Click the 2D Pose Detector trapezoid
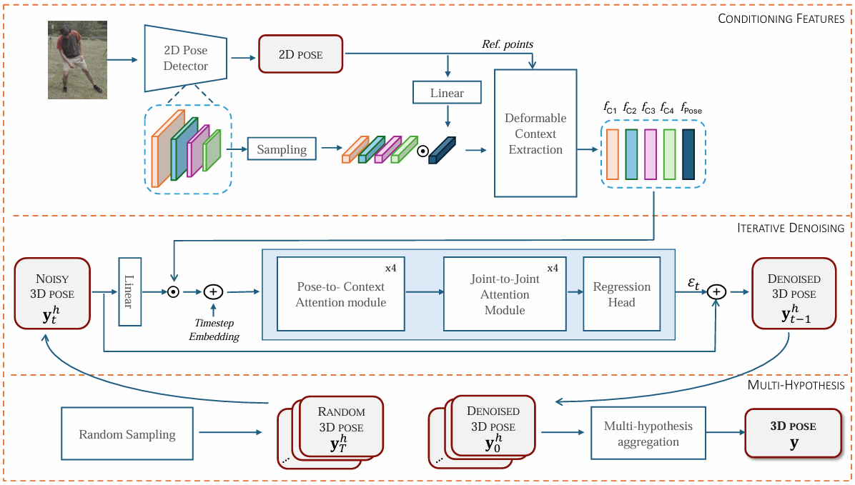coord(185,59)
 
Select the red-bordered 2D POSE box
coord(300,54)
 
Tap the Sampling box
coord(282,149)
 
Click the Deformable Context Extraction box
coord(535,133)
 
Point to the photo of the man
coord(77,60)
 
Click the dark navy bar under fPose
coord(688,154)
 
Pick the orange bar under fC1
coord(613,154)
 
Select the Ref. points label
coord(508,44)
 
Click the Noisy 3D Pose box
coord(52,293)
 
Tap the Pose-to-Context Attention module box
coord(341,294)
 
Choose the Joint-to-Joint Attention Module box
coord(505,294)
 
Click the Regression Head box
coord(622,294)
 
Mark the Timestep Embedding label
coord(214,330)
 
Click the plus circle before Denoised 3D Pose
coord(716,292)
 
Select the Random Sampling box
coord(127,434)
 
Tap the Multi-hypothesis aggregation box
coord(648,434)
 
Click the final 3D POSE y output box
coord(794,434)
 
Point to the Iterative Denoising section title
coord(790,228)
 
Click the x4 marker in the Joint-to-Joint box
coord(553,268)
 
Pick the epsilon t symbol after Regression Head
coord(693,284)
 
